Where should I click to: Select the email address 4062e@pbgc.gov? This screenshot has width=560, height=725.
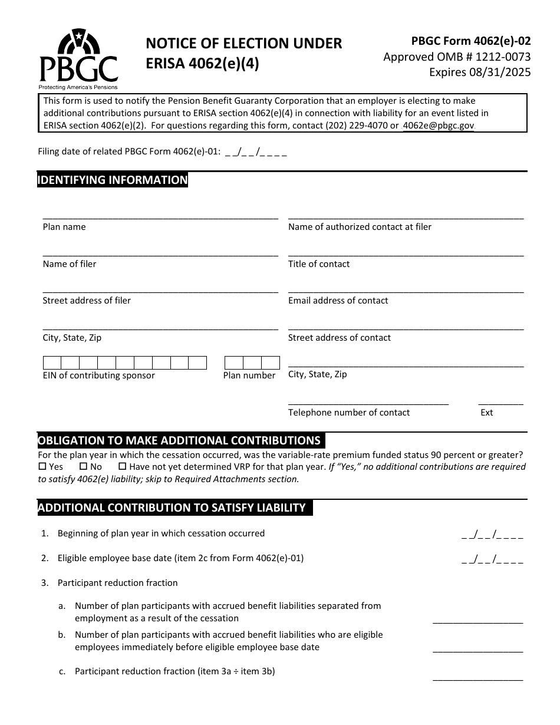[x=438, y=126]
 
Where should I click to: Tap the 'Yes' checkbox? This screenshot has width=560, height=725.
[x=42, y=466]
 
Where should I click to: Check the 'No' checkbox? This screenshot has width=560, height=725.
[x=83, y=466]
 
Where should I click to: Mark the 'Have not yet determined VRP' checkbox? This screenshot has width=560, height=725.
[x=123, y=466]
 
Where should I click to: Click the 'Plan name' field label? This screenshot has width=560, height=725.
[x=64, y=227]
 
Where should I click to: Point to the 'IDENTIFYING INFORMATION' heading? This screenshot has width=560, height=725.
[x=113, y=180]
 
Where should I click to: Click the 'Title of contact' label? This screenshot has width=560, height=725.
[x=319, y=264]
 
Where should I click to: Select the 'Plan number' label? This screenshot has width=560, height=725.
[x=249, y=375]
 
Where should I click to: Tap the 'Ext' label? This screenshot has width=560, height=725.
[x=487, y=413]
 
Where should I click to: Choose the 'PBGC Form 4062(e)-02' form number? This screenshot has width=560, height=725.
[x=471, y=41]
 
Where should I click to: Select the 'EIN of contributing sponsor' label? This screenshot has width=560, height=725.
[x=99, y=375]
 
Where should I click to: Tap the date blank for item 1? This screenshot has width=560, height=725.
[x=492, y=535]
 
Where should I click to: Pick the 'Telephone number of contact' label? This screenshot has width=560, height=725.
[x=349, y=413]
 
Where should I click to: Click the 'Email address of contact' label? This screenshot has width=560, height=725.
[x=338, y=301]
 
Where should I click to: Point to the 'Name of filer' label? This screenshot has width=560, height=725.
[x=70, y=264]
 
